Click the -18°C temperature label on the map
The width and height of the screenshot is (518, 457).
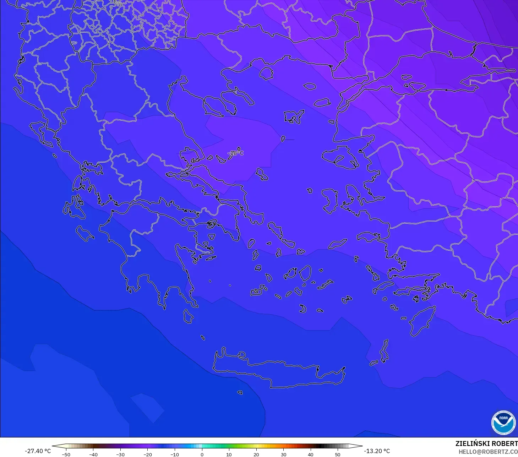point(236,153)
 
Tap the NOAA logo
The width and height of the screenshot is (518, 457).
point(503,423)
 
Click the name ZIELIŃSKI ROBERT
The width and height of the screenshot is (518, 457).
point(486,444)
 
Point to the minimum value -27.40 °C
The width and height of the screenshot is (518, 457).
point(38,451)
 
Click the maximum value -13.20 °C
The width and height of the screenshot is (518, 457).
point(377,451)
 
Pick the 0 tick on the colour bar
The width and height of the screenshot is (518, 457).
point(202,454)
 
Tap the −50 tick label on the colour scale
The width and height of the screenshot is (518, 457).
point(66,454)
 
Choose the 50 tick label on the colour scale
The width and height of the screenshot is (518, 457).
point(337,454)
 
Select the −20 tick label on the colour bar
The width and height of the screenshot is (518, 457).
point(147,454)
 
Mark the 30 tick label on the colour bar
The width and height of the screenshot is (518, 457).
point(283,454)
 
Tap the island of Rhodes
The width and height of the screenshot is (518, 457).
point(422,321)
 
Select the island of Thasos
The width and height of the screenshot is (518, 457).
point(266,74)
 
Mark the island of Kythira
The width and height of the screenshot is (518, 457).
point(188,316)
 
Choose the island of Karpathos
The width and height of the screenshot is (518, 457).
point(384,350)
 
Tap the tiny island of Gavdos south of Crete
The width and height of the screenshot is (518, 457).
point(240,392)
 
